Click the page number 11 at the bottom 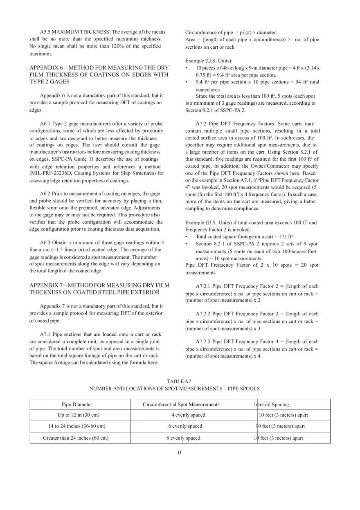pyautogui.click(x=179, y=452)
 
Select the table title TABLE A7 pyautogui.click(x=179, y=381)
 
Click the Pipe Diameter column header pyautogui.click(x=77, y=404)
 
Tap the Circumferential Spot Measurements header pyautogui.click(x=181, y=404)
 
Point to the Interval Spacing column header pyautogui.click(x=271, y=404)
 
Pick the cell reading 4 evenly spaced pyautogui.click(x=188, y=415)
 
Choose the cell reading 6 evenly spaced pyautogui.click(x=185, y=426)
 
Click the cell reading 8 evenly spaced pyautogui.click(x=183, y=438)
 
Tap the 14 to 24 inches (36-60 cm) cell pyautogui.click(x=77, y=426)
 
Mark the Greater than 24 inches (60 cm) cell pyautogui.click(x=76, y=438)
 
